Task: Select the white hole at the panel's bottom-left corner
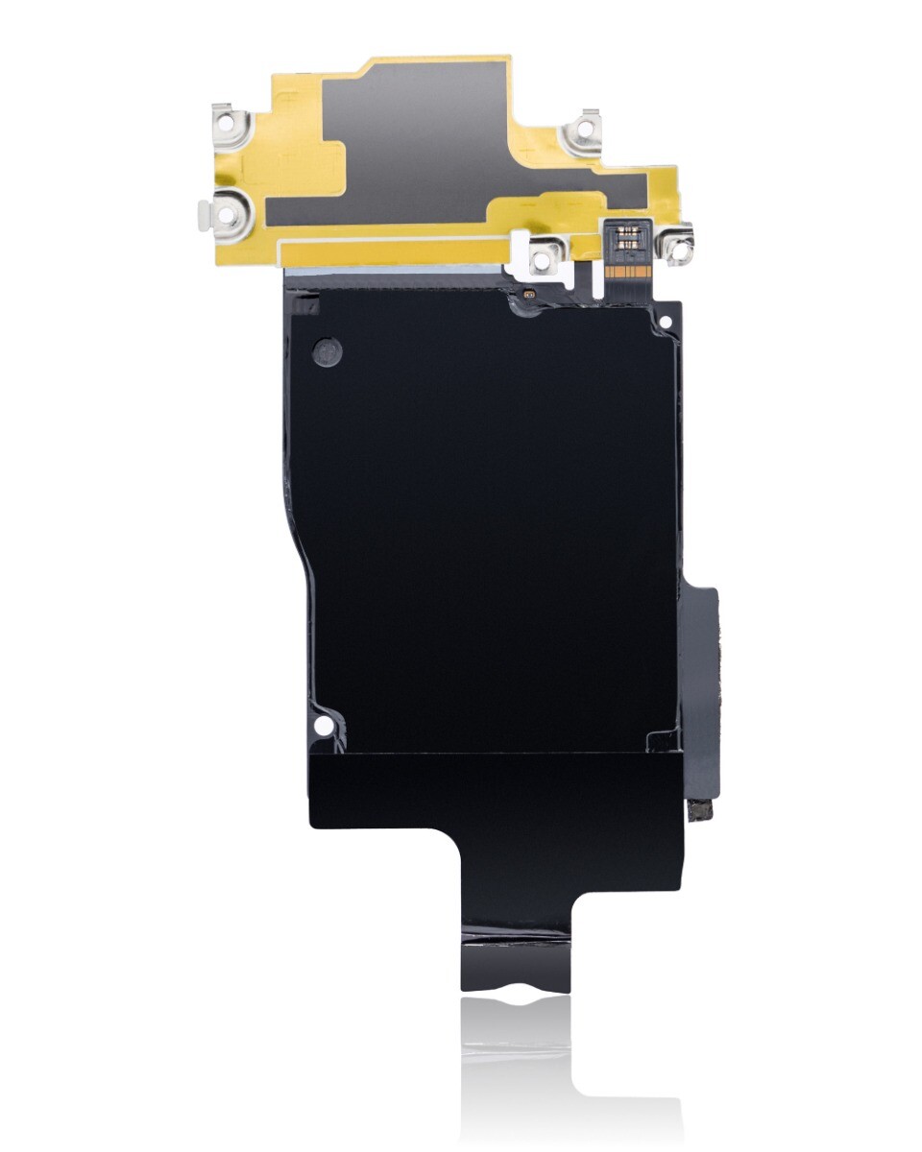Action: point(326,723)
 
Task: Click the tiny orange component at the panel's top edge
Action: point(529,293)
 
